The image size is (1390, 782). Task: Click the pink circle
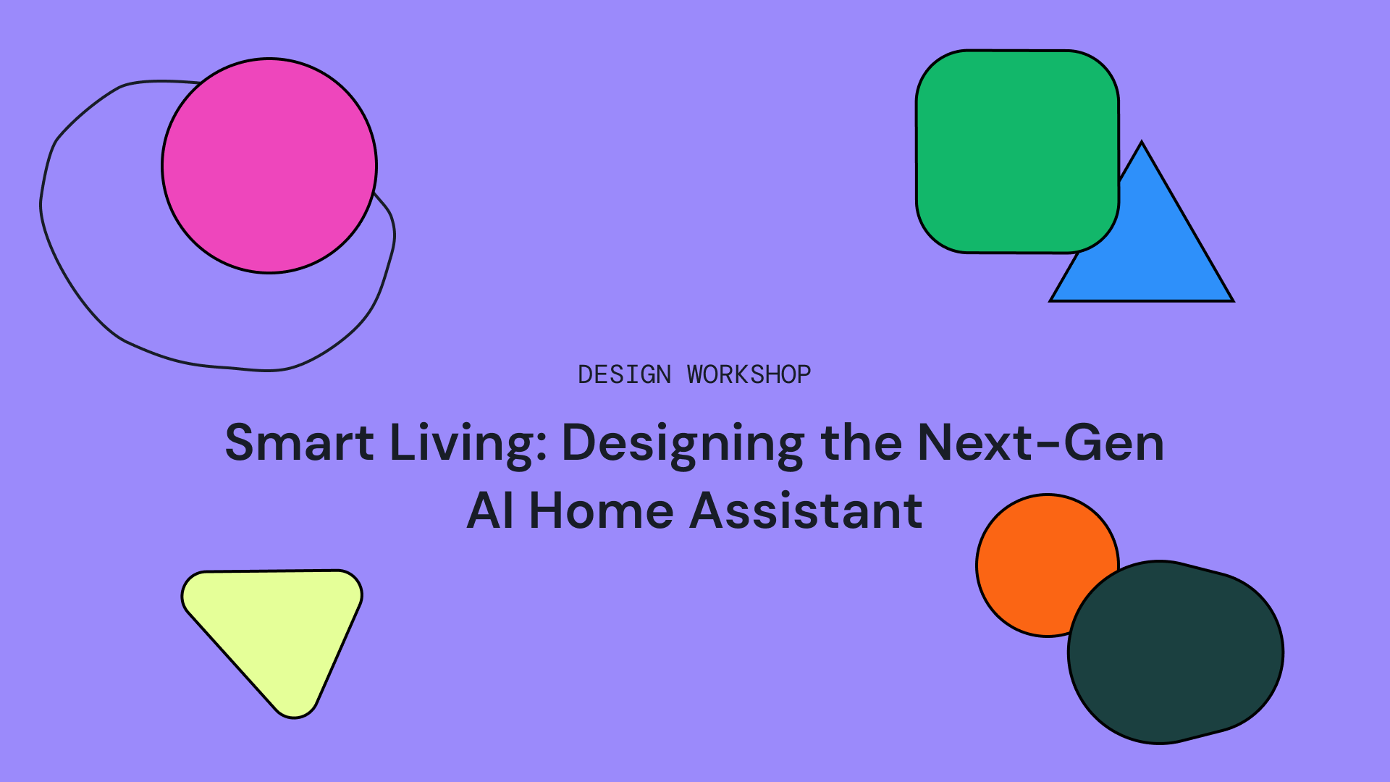pos(269,166)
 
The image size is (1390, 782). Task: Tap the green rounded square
pos(1017,151)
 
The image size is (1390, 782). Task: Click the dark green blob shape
pos(1176,652)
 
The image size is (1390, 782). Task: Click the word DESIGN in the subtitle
pos(624,374)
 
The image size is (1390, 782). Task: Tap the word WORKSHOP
pos(749,374)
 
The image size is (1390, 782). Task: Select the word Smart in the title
pos(299,442)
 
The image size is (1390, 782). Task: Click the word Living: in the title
pos(468,442)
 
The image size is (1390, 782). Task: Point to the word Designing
pos(683,442)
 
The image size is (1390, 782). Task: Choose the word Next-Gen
pos(1040,442)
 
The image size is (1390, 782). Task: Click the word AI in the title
pos(490,510)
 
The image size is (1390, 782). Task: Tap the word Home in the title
pos(601,510)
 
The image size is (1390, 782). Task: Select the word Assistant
pos(806,510)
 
